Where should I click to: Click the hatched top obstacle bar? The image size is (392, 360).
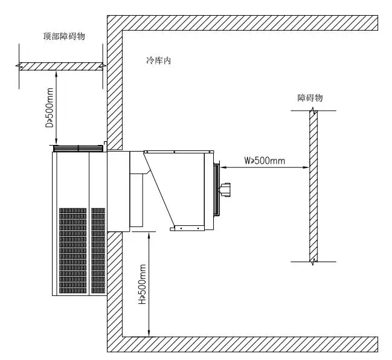pos(60,66)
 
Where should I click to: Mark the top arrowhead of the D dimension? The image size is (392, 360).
pos(57,72)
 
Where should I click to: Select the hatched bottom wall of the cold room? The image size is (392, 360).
pos(242,344)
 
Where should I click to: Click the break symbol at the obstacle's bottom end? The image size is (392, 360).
pos(312,261)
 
